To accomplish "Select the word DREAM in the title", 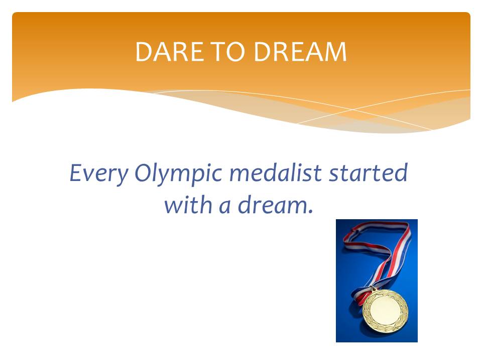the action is coord(300,51).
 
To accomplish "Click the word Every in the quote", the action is coord(98,173).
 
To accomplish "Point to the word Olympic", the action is coord(178,173).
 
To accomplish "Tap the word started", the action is coord(368,172).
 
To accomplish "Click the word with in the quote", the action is coord(188,205).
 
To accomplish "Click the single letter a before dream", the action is coord(225,206).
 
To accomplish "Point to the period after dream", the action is coord(310,212).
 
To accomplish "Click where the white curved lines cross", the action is coord(353,109).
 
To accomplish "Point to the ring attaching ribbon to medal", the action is coord(374,290).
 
